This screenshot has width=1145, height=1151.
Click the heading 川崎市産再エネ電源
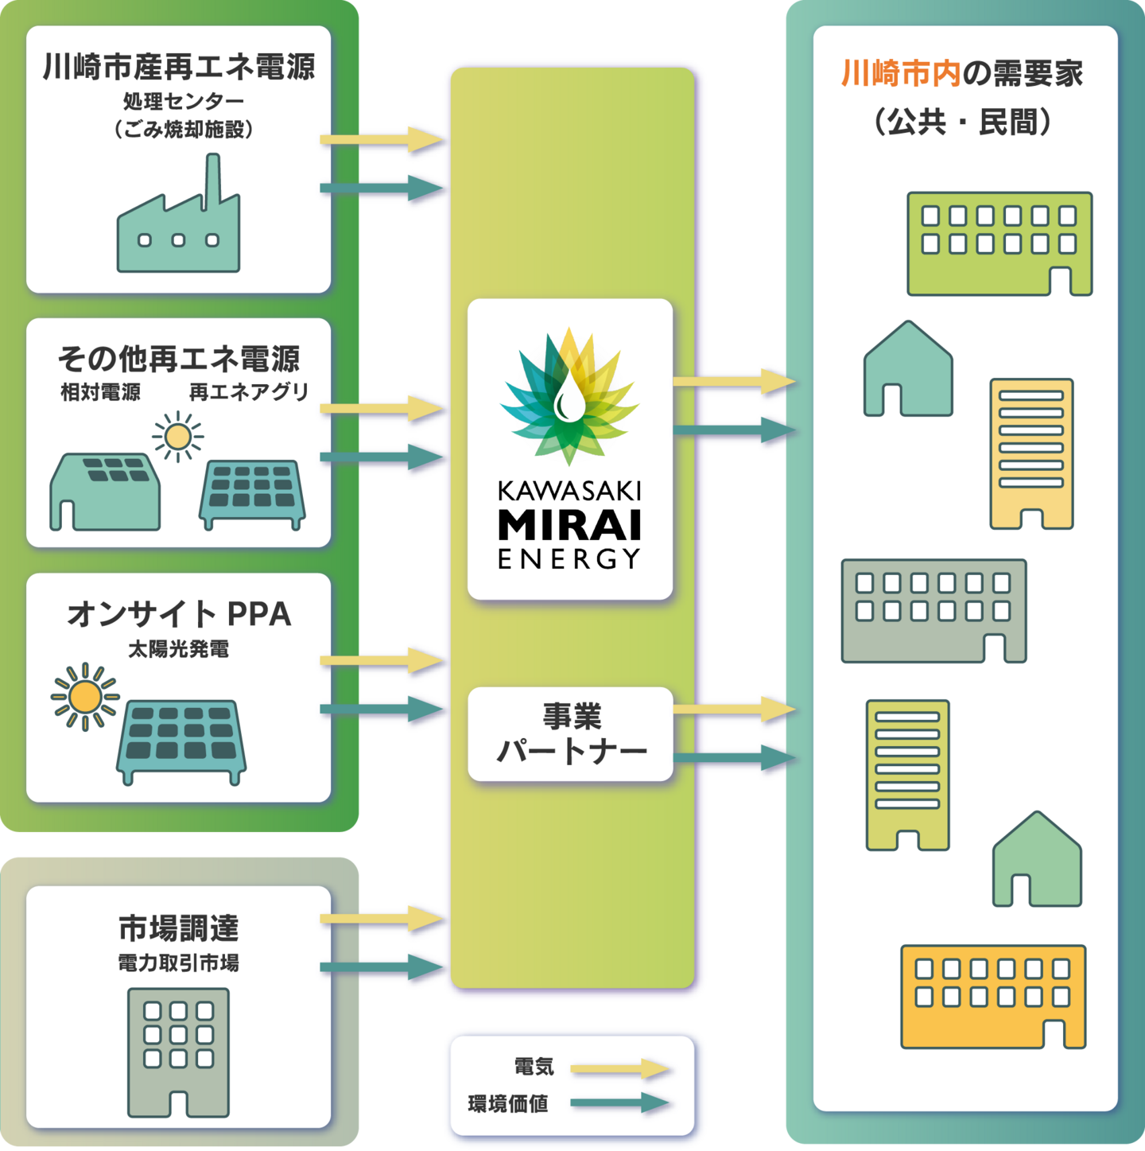179,66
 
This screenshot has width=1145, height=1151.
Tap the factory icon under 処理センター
179,212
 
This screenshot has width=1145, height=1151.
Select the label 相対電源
100,392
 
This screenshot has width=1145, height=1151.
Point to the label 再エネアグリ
248,392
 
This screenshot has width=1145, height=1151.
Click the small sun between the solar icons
178,437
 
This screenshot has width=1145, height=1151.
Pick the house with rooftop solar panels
105,492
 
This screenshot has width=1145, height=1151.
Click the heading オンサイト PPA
179,613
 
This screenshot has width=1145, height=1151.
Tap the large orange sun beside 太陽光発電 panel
85,697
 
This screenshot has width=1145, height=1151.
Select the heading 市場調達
179,927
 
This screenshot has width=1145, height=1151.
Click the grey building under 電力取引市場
179,1052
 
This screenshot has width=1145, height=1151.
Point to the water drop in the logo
569,397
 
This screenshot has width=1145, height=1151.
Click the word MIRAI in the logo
569,525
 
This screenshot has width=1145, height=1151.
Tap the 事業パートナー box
570,734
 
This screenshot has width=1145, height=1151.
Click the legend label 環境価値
507,1104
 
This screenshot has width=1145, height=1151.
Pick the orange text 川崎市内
901,74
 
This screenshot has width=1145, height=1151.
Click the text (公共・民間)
962,122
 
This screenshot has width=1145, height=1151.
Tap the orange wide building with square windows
993,997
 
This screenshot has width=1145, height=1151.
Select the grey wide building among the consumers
934,611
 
